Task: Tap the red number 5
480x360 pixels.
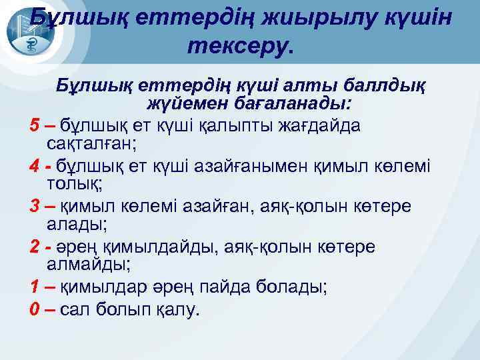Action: point(34,125)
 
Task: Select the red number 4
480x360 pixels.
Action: point(34,164)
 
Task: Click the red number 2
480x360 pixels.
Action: point(34,247)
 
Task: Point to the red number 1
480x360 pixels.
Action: point(34,289)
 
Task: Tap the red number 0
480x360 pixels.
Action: point(34,309)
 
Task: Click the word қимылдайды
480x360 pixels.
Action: point(141,247)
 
